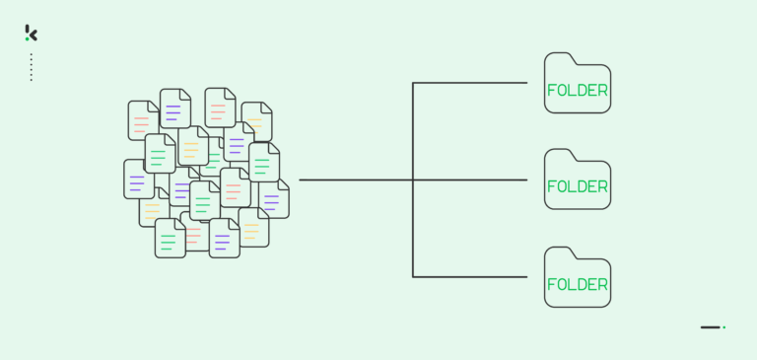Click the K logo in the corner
[x=32, y=33]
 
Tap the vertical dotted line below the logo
[x=32, y=67]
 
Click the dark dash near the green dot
[x=710, y=327]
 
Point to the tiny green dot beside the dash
[x=724, y=327]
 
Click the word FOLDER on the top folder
[x=578, y=91]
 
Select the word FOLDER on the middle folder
[x=578, y=186]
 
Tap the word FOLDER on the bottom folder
[x=578, y=285]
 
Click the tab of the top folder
[x=559, y=58]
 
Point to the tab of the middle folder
[x=559, y=155]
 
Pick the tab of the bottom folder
[x=559, y=253]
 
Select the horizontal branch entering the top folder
[x=473, y=83]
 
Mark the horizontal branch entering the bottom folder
[x=473, y=277]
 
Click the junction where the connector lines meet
[x=413, y=180]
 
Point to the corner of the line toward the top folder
[x=413, y=83]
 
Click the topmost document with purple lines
[x=174, y=108]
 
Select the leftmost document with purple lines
[x=138, y=180]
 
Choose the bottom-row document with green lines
[x=170, y=239]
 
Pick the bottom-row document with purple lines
[x=224, y=239]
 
